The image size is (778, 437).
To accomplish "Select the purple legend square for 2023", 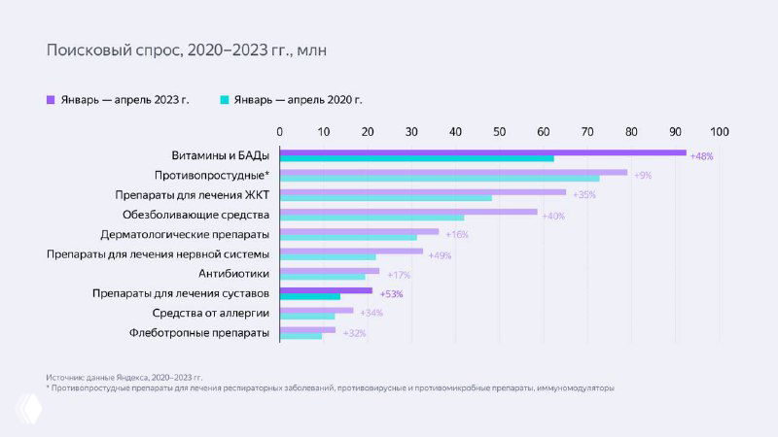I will [x=51, y=99].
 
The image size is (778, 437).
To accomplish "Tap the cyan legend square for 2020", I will [x=224, y=99].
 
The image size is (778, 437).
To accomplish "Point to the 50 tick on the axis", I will [x=499, y=131].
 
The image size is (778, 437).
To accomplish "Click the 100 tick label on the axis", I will [x=719, y=131].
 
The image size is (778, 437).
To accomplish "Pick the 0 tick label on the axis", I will [x=280, y=131].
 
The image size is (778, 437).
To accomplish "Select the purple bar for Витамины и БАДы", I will [x=482, y=152].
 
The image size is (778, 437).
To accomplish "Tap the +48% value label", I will [x=701, y=156].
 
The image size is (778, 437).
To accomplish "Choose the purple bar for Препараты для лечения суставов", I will [x=326, y=290].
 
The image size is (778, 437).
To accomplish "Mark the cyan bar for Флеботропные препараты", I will [x=301, y=336].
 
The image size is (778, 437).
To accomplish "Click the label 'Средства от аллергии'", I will [x=211, y=313].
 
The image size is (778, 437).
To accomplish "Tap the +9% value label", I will [x=642, y=176].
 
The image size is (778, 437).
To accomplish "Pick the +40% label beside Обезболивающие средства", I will [x=553, y=215].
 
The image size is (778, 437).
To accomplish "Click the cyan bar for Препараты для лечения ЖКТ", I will [x=386, y=198].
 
